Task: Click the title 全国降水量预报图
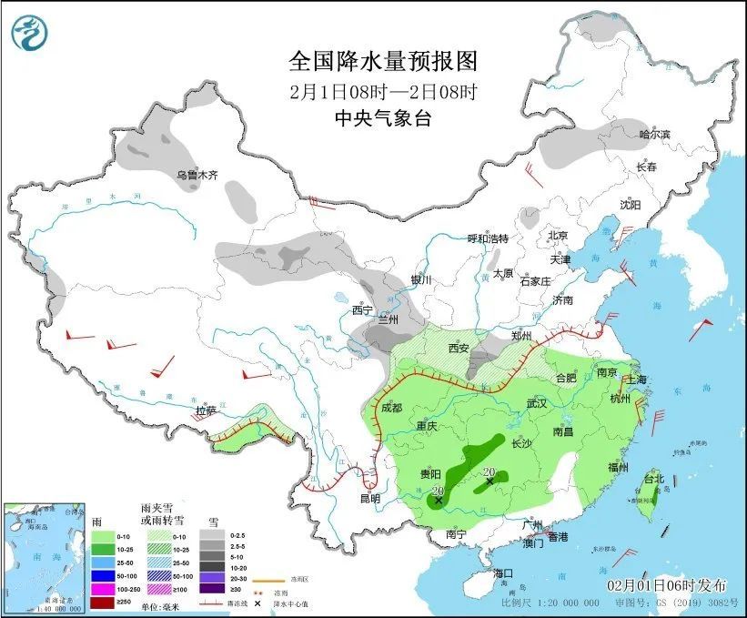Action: (382, 62)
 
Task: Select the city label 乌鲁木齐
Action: (197, 175)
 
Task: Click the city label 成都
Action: (392, 409)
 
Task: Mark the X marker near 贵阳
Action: (439, 500)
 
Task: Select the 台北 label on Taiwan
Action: (654, 479)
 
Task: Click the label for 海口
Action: (504, 573)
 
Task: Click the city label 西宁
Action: (363, 310)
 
